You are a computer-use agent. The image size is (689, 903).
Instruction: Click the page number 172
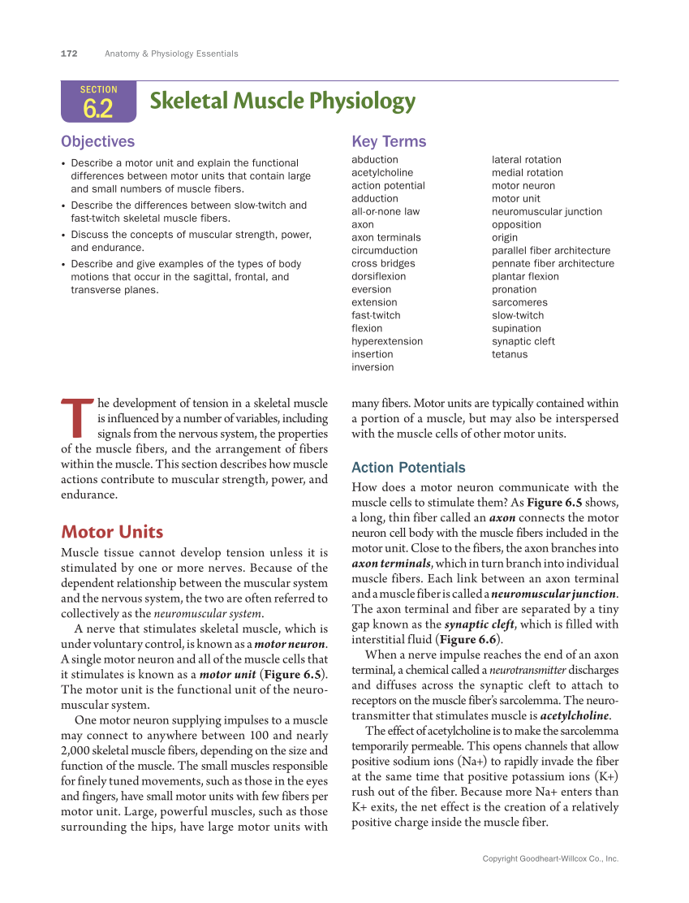pyautogui.click(x=69, y=54)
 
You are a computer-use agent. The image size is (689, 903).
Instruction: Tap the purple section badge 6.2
pyautogui.click(x=98, y=102)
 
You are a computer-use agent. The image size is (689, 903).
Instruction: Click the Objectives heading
pyautogui.click(x=97, y=141)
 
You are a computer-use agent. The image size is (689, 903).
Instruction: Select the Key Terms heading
pyautogui.click(x=389, y=141)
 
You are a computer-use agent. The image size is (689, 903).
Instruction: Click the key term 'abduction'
pyautogui.click(x=375, y=160)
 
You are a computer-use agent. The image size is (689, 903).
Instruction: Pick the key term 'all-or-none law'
pyautogui.click(x=385, y=212)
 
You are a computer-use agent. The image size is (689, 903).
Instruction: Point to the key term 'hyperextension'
pyautogui.click(x=387, y=342)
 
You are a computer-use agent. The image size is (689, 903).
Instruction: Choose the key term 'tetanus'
pyautogui.click(x=510, y=355)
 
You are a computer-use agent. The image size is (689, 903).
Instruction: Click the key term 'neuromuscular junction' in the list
pyautogui.click(x=547, y=212)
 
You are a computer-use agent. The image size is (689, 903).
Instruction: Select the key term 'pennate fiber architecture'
pyautogui.click(x=553, y=264)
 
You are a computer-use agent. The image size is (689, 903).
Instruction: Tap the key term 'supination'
pyautogui.click(x=516, y=329)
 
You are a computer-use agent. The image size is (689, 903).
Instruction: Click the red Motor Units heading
pyautogui.click(x=112, y=533)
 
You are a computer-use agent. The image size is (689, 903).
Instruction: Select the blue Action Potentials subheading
pyautogui.click(x=408, y=468)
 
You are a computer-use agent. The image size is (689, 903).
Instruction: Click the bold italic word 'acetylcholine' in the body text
pyautogui.click(x=575, y=716)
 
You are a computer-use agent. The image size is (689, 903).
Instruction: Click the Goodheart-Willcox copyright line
pyautogui.click(x=550, y=858)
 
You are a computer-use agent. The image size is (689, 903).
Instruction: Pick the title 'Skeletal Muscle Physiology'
pyautogui.click(x=282, y=102)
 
